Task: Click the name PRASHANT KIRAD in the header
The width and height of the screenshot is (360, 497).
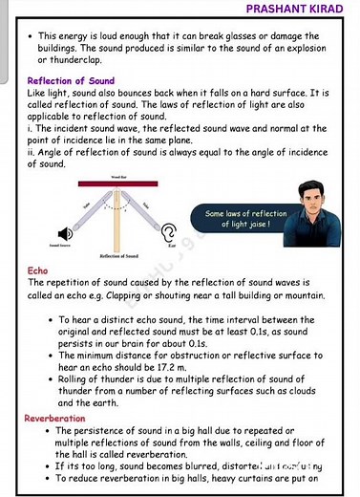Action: pyautogui.click(x=296, y=9)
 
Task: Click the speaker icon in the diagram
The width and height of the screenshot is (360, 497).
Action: pyautogui.click(x=65, y=233)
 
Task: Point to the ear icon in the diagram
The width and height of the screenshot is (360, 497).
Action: pyautogui.click(x=169, y=232)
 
